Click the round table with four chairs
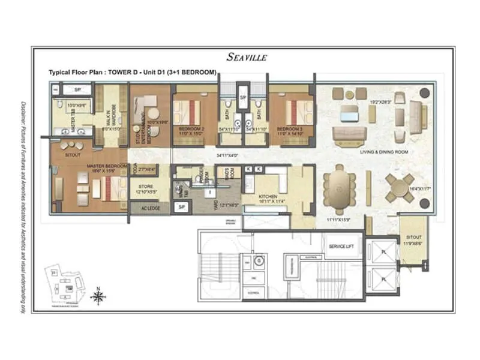point(400,187)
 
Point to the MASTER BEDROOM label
point(107,166)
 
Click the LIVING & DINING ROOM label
point(384,152)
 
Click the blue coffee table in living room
point(349,113)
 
